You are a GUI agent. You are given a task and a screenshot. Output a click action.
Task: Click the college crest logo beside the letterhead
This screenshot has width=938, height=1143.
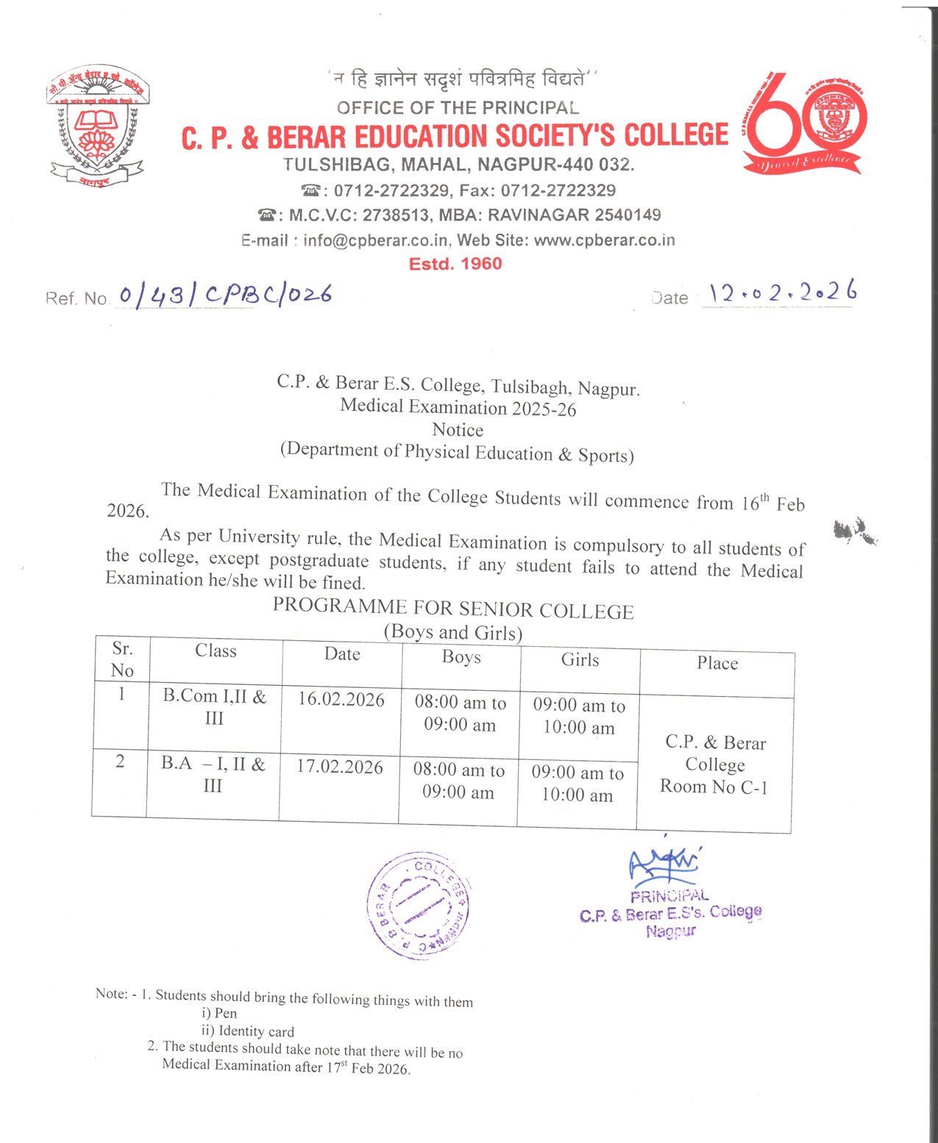tap(97, 126)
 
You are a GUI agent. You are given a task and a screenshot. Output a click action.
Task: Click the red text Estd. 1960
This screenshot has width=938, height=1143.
tap(455, 264)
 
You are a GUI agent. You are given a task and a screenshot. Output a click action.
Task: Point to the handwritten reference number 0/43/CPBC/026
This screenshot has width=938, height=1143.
tap(225, 295)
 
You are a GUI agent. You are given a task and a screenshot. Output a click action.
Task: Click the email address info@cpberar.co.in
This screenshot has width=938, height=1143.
tap(375, 240)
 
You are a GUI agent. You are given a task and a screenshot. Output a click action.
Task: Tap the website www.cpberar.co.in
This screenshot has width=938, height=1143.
tap(604, 240)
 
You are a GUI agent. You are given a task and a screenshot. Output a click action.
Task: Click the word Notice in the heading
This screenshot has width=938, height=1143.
tap(458, 430)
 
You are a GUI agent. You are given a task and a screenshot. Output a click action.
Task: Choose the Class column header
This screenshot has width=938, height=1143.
tap(216, 651)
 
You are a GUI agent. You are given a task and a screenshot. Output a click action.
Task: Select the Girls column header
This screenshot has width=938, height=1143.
tap(580, 660)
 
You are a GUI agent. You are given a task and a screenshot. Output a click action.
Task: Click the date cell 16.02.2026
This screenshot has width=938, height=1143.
tap(341, 699)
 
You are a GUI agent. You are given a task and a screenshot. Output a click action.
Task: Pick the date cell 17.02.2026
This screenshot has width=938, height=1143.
tap(340, 767)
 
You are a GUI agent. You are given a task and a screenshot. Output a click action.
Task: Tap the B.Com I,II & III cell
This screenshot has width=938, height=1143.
tap(214, 707)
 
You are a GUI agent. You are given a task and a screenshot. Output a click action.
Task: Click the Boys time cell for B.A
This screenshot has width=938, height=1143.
tap(458, 781)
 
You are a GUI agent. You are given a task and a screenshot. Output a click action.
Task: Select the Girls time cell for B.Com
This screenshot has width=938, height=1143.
tap(579, 717)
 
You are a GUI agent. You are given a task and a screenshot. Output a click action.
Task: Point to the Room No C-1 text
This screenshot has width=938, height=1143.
tap(714, 787)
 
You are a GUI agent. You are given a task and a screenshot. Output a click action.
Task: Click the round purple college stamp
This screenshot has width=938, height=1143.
tap(418, 906)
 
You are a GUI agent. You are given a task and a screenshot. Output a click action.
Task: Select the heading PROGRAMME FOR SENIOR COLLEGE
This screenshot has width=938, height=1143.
tap(453, 609)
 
